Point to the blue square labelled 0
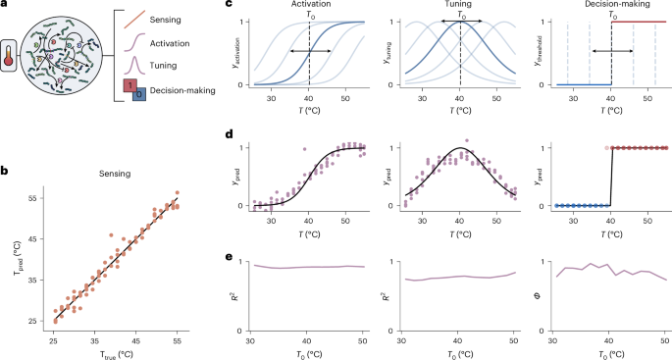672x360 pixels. (x=139, y=96)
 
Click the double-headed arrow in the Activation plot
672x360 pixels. (x=309, y=49)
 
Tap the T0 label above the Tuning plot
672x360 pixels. (x=459, y=16)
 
